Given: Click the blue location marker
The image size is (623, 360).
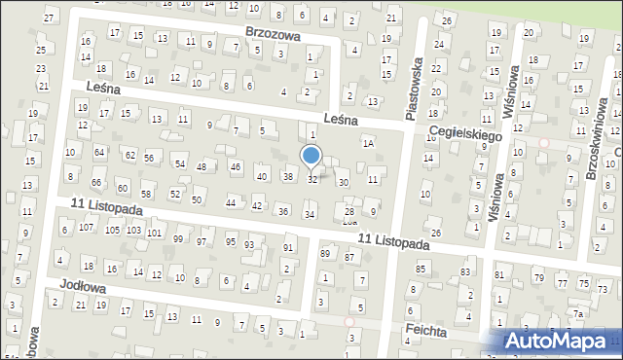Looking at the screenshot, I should [x=311, y=156].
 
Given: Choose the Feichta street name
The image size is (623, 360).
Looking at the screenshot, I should [x=428, y=331].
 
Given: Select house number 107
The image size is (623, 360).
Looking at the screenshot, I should [x=86, y=228].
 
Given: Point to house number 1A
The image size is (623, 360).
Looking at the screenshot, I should [x=368, y=143].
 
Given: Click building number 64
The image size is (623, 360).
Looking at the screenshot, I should [x=98, y=152].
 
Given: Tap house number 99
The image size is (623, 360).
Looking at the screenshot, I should [x=177, y=238].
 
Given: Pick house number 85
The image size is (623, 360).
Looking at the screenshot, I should [x=421, y=268].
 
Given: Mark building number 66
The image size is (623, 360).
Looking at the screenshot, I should [x=96, y=182].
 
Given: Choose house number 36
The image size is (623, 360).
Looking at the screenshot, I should [x=283, y=211].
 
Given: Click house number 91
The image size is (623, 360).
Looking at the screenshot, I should [x=288, y=248].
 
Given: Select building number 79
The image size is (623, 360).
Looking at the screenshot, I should [x=538, y=279].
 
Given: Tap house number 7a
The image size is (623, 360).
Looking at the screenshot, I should [x=578, y=313].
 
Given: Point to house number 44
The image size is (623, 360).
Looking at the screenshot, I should [x=231, y=202].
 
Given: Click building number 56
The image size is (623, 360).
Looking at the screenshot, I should [x=149, y=158].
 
